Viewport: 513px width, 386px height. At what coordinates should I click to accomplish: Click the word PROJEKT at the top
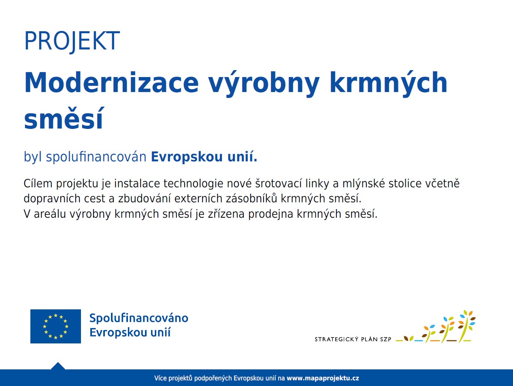tap(72, 41)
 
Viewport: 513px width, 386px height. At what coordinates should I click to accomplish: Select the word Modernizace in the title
tap(111, 83)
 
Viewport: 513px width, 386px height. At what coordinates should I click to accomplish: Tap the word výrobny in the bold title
tap(264, 84)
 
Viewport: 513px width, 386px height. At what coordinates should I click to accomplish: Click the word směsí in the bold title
tap(64, 118)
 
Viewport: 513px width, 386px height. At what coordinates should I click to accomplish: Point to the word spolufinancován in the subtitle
tap(96, 157)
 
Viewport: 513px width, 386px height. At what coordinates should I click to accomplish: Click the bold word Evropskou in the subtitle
tap(187, 157)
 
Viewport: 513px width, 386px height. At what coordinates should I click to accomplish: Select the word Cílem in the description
tap(38, 183)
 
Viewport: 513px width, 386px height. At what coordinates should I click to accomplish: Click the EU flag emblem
tap(55, 326)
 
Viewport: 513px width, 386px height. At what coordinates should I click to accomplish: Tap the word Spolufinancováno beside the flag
tap(139, 318)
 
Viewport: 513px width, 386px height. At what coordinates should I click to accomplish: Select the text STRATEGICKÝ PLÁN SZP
tap(353, 339)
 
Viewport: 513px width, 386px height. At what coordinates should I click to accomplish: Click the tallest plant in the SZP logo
tap(466, 326)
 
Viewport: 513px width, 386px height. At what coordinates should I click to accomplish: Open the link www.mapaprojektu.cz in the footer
tap(323, 378)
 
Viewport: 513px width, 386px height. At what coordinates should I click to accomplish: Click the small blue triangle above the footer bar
tap(58, 366)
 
